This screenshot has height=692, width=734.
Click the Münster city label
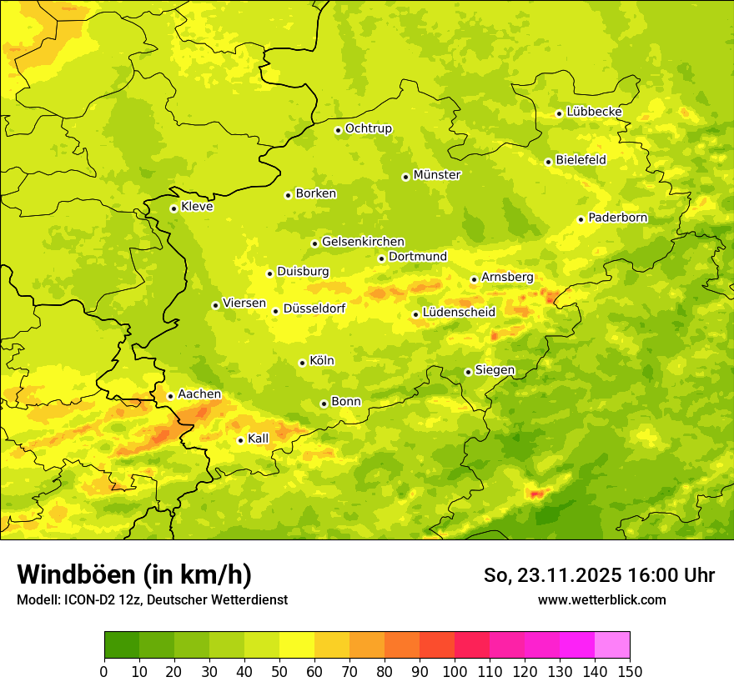click(437, 175)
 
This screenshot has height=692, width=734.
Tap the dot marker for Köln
click(302, 363)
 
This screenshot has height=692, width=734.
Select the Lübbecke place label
click(594, 112)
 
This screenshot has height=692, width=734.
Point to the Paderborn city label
click(617, 218)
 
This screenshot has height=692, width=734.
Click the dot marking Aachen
click(170, 396)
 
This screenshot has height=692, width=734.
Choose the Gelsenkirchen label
click(363, 242)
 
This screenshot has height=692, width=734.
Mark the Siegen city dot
click(468, 372)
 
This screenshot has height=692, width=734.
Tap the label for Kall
click(259, 439)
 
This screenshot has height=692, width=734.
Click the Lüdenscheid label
click(459, 313)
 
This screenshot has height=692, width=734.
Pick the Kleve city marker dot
click(173, 208)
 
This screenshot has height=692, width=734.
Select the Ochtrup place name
click(369, 128)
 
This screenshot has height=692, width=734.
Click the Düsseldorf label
click(314, 308)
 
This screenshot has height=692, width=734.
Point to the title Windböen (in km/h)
click(134, 574)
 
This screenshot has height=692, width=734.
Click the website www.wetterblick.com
click(602, 599)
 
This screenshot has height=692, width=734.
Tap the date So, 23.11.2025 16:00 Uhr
click(599, 575)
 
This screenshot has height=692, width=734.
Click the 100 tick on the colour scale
click(455, 671)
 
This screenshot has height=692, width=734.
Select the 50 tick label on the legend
click(279, 671)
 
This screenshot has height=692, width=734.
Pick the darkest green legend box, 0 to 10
click(122, 645)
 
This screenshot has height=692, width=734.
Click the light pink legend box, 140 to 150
click(612, 645)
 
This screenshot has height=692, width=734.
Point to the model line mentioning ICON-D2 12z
click(152, 599)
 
